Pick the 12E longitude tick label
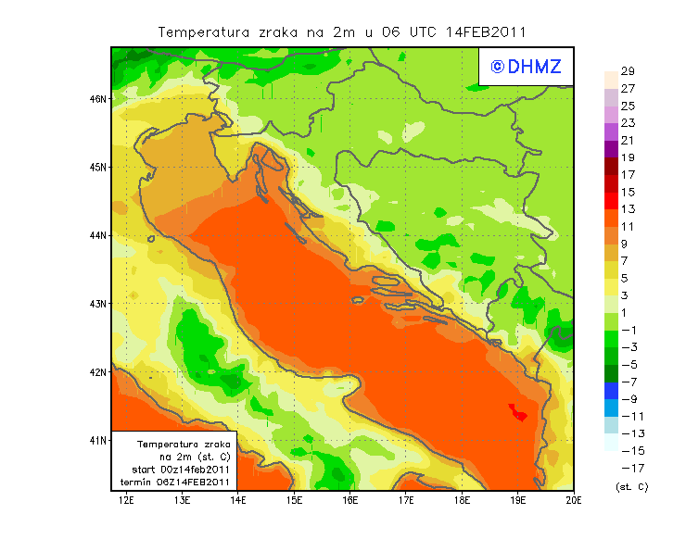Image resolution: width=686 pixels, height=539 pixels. click(x=127, y=501)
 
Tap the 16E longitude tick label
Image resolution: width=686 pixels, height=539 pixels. click(x=350, y=501)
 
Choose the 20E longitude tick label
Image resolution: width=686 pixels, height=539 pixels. click(x=574, y=501)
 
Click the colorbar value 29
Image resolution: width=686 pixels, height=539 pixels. click(x=628, y=71)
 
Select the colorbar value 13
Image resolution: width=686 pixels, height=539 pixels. click(x=628, y=209)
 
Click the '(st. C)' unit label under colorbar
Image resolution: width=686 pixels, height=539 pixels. click(x=631, y=486)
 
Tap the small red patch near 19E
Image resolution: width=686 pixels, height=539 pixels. click(x=518, y=411)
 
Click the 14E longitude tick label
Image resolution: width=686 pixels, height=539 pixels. click(x=238, y=501)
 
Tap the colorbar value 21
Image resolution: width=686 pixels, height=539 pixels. click(x=628, y=141)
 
